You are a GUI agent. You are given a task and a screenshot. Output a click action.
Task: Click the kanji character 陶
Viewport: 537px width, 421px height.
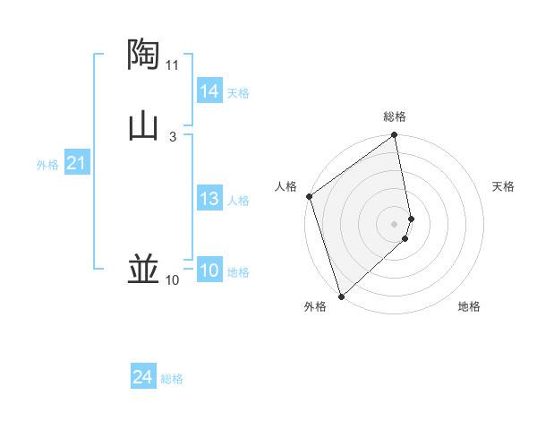click(x=143, y=55)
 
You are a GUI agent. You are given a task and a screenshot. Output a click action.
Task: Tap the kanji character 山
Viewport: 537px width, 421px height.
click(x=143, y=125)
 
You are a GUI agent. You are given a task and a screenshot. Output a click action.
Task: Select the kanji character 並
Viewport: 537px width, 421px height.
click(x=143, y=268)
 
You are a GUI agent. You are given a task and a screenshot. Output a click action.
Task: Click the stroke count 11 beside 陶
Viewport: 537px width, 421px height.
click(x=173, y=65)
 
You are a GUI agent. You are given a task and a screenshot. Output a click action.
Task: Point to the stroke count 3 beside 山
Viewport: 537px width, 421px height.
click(x=173, y=136)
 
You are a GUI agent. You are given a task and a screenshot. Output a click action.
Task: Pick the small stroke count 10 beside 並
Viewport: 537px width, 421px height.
click(x=173, y=280)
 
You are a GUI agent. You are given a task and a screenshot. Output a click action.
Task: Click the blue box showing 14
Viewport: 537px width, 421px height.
click(x=209, y=91)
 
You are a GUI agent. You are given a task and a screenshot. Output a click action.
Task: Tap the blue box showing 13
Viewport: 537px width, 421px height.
click(x=209, y=199)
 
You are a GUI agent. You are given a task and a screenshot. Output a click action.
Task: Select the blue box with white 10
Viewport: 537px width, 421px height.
click(x=209, y=271)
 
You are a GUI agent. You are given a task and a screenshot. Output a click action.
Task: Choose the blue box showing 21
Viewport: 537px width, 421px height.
click(x=76, y=163)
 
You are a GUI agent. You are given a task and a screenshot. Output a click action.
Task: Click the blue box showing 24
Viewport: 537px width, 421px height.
click(x=143, y=378)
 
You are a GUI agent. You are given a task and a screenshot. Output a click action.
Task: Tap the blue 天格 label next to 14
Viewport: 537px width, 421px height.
click(x=238, y=93)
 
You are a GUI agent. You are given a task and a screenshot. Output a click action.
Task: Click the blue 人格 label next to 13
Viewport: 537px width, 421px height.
click(x=238, y=201)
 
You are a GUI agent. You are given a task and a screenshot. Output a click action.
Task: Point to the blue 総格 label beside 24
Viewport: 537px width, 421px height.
click(x=172, y=380)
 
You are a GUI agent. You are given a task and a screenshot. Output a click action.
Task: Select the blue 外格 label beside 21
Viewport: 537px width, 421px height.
click(x=47, y=165)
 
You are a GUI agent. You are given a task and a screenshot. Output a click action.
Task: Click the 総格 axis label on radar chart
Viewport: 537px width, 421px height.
click(x=395, y=116)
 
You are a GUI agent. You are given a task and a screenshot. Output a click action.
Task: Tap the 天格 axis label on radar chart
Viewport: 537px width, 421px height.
click(x=504, y=186)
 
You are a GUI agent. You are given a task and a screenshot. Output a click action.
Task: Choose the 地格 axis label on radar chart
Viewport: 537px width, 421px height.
click(x=469, y=307)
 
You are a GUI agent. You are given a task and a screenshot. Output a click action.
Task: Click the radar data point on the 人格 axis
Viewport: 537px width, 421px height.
click(x=309, y=196)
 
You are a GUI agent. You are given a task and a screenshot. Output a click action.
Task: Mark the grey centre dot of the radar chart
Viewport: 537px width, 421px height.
click(x=395, y=223)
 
